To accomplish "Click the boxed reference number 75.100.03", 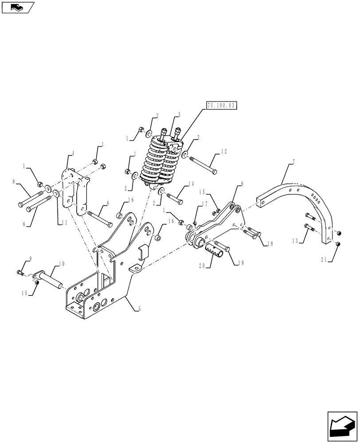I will point(222,105).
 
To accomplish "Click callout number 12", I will point(224,152).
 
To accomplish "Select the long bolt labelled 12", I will point(203,165).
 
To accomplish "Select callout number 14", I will point(191,184).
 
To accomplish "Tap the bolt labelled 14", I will point(175,197).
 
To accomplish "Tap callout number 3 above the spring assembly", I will point(178,114).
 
